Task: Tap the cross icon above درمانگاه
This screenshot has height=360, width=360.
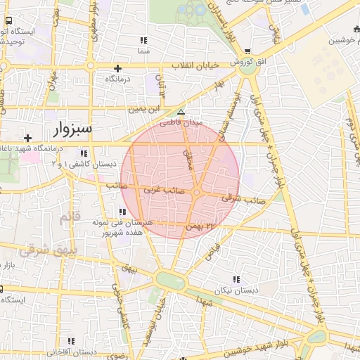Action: coord(117,69)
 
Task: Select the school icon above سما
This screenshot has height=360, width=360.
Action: coord(143,41)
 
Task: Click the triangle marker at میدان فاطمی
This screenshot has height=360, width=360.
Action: coord(181,112)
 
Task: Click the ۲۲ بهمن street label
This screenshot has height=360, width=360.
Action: coord(199,226)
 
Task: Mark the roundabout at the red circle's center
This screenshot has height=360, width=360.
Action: coord(198,192)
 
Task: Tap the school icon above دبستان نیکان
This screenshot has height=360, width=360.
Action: coord(235,279)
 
